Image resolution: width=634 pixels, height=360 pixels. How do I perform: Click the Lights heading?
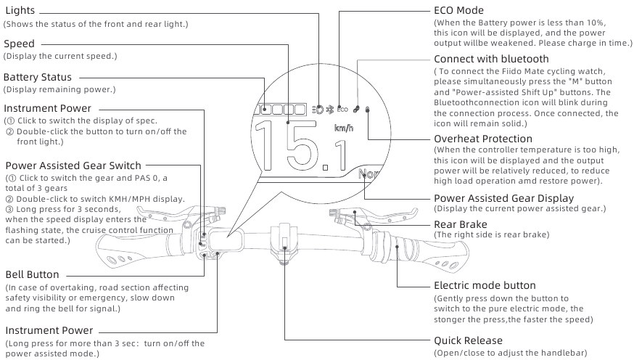20,12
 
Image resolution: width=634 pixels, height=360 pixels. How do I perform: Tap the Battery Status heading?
38,77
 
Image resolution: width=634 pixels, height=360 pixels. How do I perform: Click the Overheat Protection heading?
483,139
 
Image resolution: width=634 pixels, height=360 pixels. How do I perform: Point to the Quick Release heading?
468,340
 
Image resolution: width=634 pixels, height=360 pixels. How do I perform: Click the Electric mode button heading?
485,285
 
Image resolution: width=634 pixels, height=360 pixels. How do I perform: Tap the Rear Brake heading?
460,224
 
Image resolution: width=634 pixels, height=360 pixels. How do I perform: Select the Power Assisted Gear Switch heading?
73,166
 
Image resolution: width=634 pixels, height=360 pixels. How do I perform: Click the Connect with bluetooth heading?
491,58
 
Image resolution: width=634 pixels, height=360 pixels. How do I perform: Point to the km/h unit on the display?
345,128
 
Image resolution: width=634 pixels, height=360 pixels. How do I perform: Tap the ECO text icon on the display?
342,111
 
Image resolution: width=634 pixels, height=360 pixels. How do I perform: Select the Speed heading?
19,44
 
